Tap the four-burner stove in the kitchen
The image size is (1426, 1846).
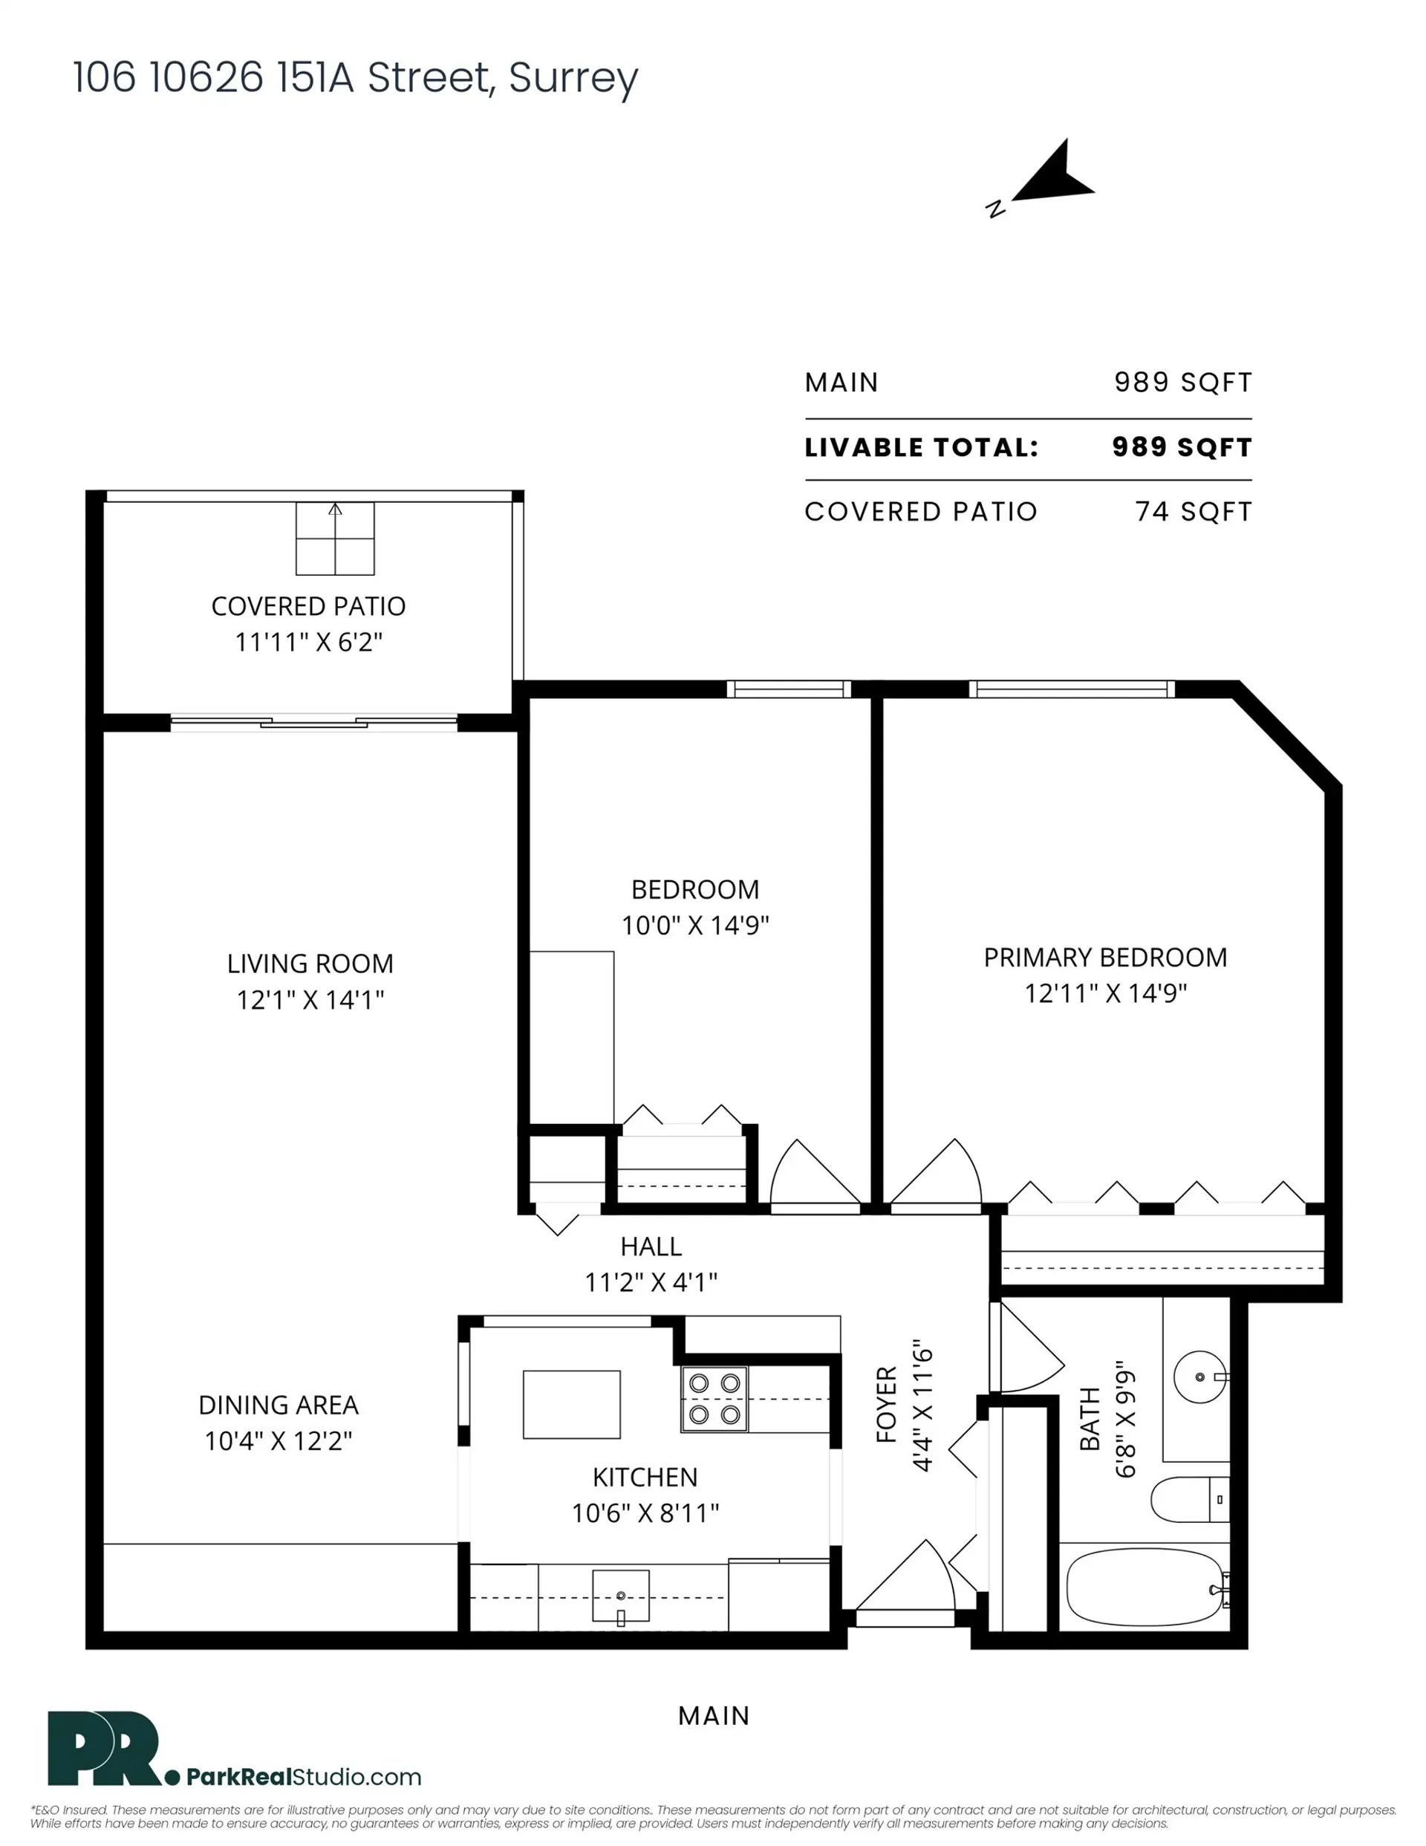coord(714,1399)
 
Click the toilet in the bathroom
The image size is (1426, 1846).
coord(1188,1498)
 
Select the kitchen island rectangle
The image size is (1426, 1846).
coord(571,1404)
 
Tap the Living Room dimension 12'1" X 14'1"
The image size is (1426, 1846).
coord(310,1000)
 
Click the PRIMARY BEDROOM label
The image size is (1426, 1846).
coord(1105,958)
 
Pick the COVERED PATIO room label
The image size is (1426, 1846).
coord(308,606)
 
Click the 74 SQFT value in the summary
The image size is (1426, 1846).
coord(1193,511)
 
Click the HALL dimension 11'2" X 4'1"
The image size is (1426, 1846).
coord(651,1282)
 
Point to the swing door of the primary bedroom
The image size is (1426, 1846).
coord(938,1176)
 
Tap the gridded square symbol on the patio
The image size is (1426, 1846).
coord(335,539)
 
